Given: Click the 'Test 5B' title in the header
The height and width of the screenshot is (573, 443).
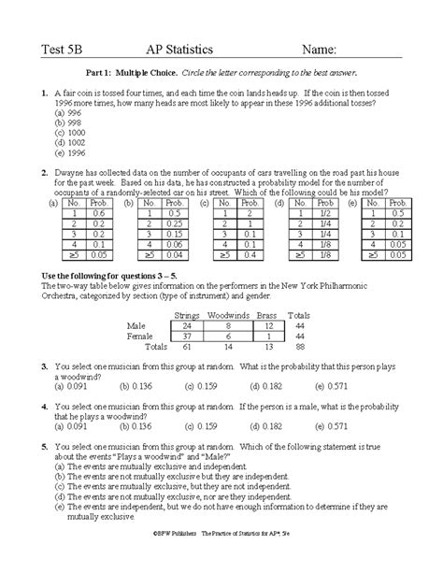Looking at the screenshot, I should (x=61, y=49).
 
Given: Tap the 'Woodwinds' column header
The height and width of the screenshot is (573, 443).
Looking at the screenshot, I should (x=229, y=315).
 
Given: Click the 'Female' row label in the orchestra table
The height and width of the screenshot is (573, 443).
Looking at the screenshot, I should (x=137, y=337).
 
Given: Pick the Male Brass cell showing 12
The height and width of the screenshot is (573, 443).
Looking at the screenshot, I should (x=267, y=326).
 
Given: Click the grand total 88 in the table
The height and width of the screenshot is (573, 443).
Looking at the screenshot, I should (x=301, y=347).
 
